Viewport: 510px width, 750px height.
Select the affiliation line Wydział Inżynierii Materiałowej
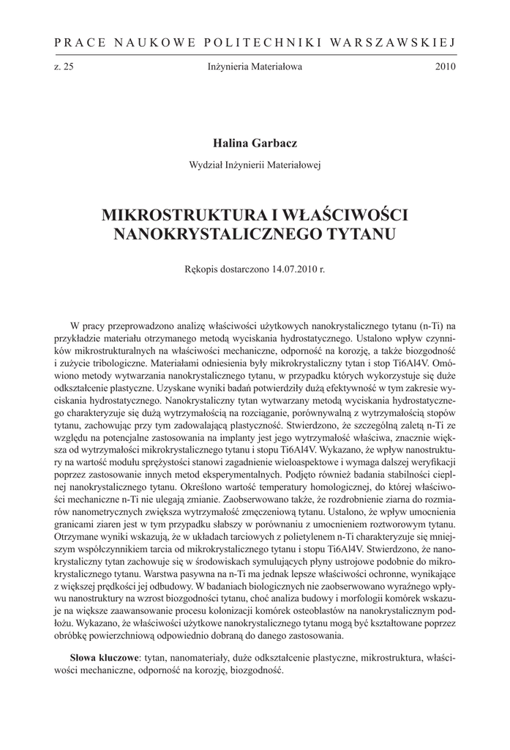255,163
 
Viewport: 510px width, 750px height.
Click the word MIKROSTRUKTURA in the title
175,216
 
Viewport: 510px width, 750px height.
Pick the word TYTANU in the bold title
358,234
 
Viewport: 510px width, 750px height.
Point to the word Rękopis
203,269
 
